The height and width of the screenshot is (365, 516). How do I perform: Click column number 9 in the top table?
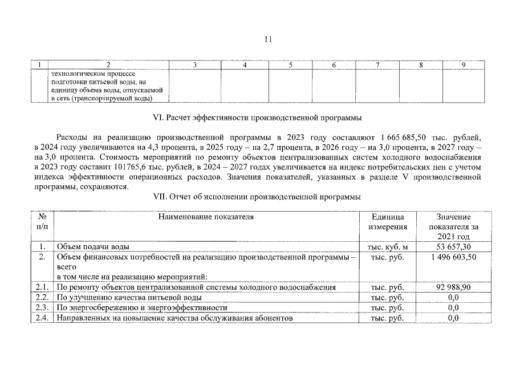point(463,65)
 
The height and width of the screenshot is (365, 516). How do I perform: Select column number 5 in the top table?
point(290,65)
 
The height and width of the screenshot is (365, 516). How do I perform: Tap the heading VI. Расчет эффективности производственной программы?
point(258,118)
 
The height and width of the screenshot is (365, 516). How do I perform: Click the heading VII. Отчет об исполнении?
point(258,197)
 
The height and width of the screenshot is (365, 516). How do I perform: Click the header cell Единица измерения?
point(388,222)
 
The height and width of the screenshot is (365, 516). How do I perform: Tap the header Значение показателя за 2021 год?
point(453,226)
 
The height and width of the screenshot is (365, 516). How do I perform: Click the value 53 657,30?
point(453,246)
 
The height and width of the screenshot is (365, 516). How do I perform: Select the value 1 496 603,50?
point(453,257)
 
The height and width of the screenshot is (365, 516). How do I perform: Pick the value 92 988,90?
point(453,287)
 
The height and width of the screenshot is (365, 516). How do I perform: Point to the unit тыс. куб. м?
point(388,247)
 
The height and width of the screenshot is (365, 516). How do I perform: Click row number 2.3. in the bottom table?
point(42,308)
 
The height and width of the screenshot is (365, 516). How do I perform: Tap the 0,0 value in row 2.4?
point(453,318)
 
